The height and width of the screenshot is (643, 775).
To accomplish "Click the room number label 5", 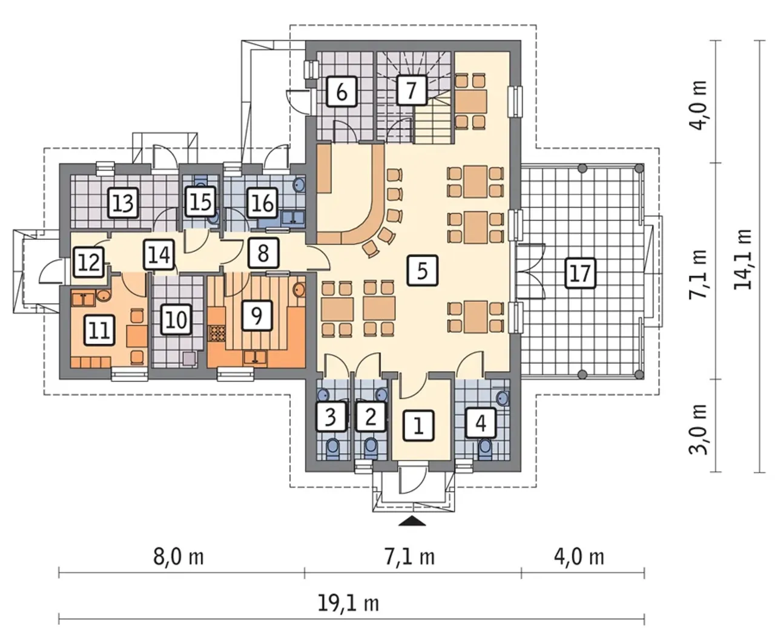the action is tap(423, 271).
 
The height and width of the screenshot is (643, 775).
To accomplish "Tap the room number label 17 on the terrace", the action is tap(580, 273).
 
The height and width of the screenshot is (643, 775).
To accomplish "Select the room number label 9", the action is tap(257, 315).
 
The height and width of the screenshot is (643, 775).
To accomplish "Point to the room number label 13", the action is tap(124, 203).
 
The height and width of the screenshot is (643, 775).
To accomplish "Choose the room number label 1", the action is tap(418, 426).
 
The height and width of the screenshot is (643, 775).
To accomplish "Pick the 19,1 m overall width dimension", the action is tap(348, 604).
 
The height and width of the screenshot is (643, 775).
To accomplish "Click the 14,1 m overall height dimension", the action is tap(742, 259).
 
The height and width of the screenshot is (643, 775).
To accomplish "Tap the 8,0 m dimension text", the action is tap(179, 558).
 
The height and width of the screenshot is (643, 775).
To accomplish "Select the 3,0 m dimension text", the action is tap(698, 429).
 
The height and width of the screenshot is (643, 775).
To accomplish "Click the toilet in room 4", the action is tap(485, 449).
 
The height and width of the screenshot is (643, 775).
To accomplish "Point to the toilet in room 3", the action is tap(332, 449).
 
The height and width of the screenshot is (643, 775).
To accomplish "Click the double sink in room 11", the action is tap(83, 299).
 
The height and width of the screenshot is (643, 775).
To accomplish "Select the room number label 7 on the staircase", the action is tap(411, 90).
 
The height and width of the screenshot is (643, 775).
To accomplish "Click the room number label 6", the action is tap(341, 91).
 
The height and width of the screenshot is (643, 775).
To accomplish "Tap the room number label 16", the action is tap(262, 203).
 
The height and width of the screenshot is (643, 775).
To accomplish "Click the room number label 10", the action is tap(176, 319).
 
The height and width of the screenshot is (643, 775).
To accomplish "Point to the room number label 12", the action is tap(89, 262).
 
